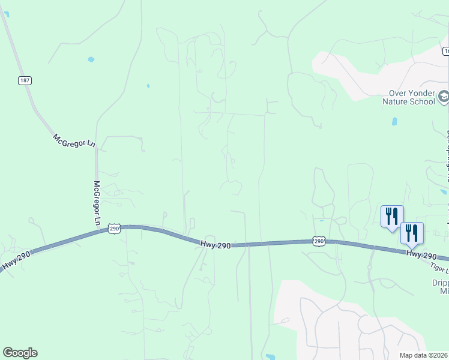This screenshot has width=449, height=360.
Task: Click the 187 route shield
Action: click(x=25, y=80)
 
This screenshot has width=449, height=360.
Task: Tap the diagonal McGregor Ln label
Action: click(x=74, y=142)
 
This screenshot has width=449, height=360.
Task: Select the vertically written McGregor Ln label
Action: click(x=97, y=203)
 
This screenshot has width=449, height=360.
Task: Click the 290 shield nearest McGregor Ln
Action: click(x=115, y=228)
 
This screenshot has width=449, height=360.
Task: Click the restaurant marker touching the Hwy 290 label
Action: click(x=412, y=233)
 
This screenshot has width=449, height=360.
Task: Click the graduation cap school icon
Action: click(x=443, y=97)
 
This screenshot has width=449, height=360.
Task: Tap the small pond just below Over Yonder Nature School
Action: click(x=394, y=121)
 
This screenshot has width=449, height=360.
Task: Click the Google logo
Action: click(x=20, y=353)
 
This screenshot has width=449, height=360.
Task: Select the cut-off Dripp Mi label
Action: click(x=443, y=287)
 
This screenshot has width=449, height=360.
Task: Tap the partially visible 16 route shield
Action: click(x=446, y=52)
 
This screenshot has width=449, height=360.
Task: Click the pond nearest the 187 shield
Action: click(x=91, y=59)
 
